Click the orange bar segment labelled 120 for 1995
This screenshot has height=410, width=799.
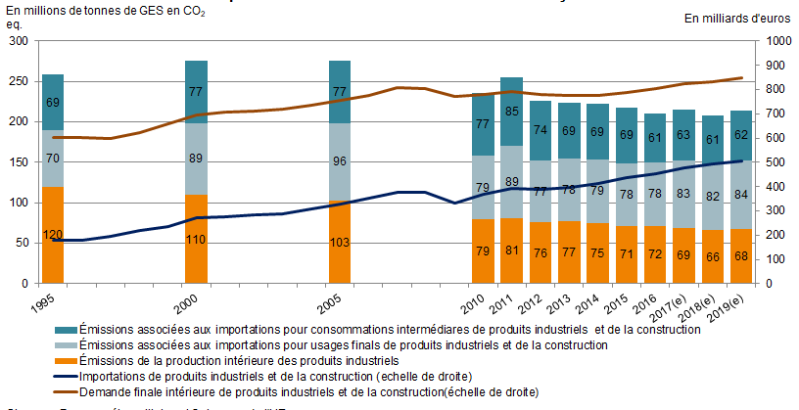click(x=53, y=235)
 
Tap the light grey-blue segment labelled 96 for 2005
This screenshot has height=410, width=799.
click(x=340, y=161)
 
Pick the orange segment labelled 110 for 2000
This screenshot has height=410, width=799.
click(x=196, y=239)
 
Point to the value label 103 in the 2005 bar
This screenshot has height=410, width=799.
click(x=340, y=242)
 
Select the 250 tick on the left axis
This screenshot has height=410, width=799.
click(x=19, y=81)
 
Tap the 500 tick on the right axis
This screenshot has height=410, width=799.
click(x=772, y=162)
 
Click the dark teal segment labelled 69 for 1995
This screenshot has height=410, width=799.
click(x=53, y=102)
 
